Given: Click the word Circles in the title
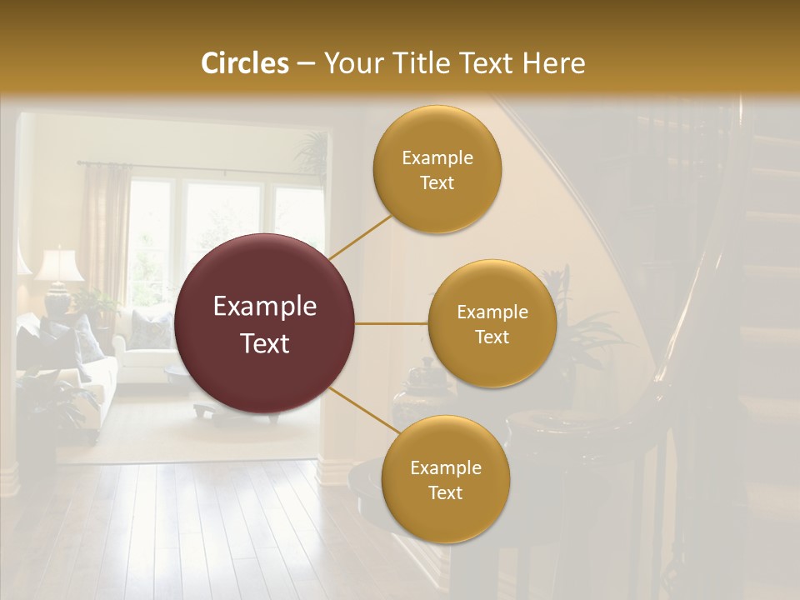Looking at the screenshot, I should click(244, 63).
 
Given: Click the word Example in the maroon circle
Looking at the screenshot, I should click(265, 307).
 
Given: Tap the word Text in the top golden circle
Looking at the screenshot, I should click(437, 183).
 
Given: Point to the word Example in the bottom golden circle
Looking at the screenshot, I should click(445, 468).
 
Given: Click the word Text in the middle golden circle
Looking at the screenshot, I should click(492, 337).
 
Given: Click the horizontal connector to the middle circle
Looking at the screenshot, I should click(391, 323).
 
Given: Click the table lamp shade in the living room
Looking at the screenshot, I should click(58, 265).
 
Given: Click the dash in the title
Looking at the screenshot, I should click(305, 63).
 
